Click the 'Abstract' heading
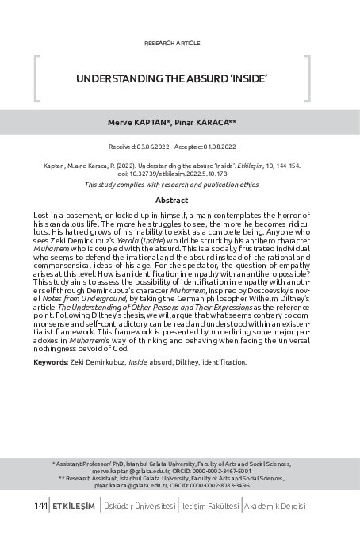tap(172, 201)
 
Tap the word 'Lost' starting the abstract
tap(40, 216)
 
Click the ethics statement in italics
tap(172, 184)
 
